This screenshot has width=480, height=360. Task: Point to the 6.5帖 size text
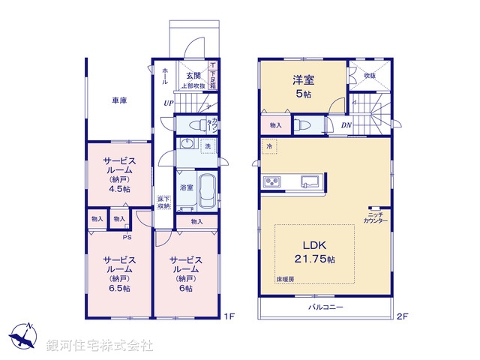[x=118, y=288]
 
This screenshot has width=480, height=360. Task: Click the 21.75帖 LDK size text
[x=319, y=259]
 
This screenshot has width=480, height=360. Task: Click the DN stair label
[x=346, y=124]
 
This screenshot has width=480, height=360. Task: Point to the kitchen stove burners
[x=271, y=181]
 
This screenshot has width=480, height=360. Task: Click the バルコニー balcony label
[x=325, y=308]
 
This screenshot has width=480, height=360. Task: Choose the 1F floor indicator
[x=230, y=317]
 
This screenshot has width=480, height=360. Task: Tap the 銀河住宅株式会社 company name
[x=99, y=346]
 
